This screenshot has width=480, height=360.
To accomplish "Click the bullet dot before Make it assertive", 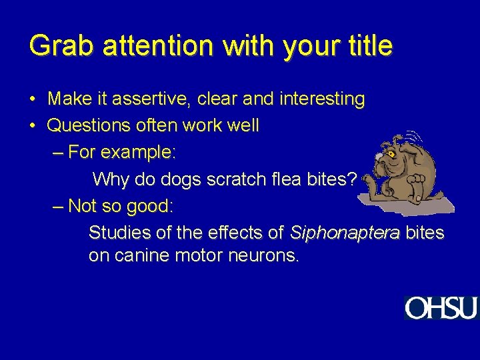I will (x=33, y=100).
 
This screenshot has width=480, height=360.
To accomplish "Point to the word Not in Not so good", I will (x=81, y=206).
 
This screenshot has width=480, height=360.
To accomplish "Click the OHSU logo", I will (x=441, y=308).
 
